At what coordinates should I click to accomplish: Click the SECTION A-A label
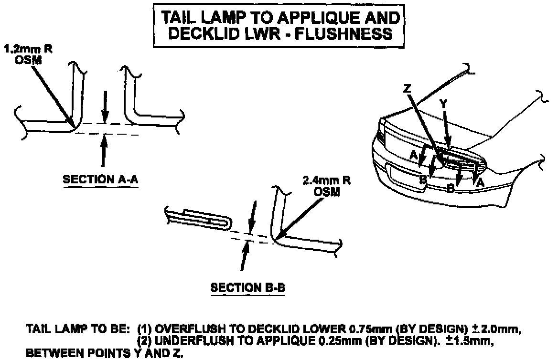coord(101,180)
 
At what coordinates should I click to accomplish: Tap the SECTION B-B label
coord(248,288)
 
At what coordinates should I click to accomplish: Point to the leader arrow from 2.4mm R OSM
coord(301,214)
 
